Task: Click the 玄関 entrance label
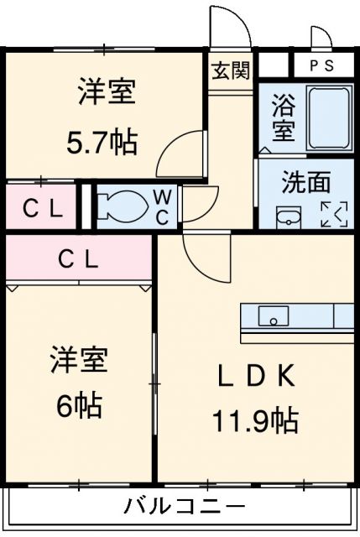tap(230, 70)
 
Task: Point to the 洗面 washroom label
tap(305, 181)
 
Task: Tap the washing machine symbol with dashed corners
tap(333, 214)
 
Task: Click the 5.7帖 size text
tap(102, 142)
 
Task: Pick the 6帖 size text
tap(79, 406)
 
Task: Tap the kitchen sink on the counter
tap(274, 315)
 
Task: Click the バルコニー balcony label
tap(185, 507)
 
